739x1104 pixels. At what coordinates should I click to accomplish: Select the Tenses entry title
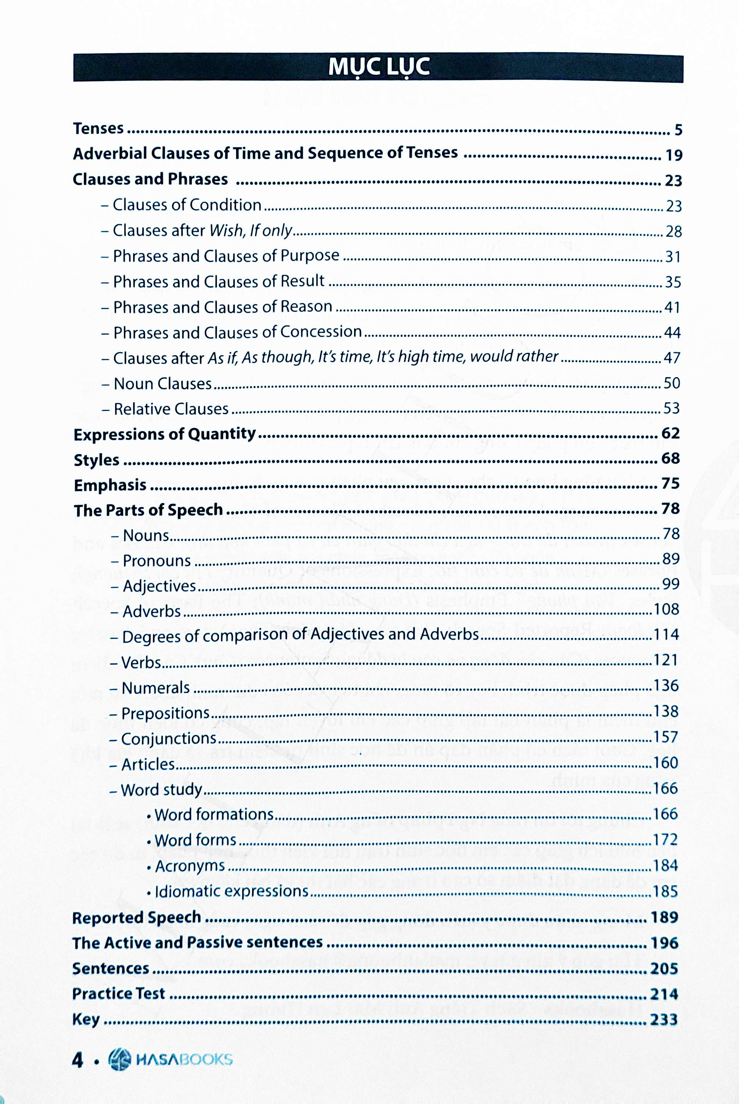coord(98,129)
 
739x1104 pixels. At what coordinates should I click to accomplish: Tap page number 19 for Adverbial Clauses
coord(674,155)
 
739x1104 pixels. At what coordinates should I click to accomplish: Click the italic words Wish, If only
coord(251,231)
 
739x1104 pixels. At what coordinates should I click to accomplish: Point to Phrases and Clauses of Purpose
coord(226,256)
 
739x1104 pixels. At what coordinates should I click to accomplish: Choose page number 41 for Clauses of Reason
coord(672,308)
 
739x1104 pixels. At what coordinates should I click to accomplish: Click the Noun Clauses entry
coord(163,383)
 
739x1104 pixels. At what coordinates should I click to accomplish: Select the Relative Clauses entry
coord(171,408)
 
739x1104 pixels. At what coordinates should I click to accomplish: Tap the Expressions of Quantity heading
coord(164,434)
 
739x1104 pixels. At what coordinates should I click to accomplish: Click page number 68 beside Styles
coord(670,458)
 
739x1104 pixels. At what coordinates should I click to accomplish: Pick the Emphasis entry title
coord(110,485)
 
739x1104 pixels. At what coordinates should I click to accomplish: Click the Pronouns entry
coord(157,561)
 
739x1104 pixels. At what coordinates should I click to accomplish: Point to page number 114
coord(665,635)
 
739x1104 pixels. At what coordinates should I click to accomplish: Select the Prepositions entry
coord(165,713)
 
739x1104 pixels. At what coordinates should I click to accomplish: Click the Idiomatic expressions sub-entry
coord(231,892)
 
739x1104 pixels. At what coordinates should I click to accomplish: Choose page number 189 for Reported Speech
coord(664,917)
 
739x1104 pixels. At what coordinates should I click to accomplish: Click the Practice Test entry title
coord(118,993)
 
